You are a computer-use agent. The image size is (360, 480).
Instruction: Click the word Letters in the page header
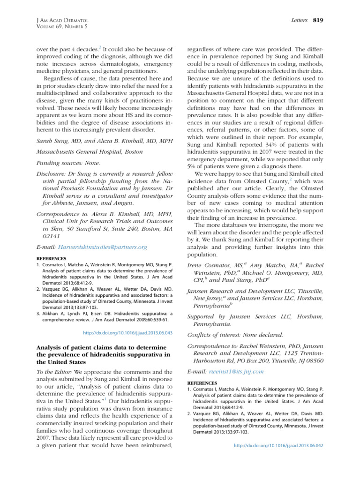[299, 20]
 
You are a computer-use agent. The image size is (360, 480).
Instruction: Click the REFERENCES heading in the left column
[51, 258]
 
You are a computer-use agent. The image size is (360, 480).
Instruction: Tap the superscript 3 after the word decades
[100, 47]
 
